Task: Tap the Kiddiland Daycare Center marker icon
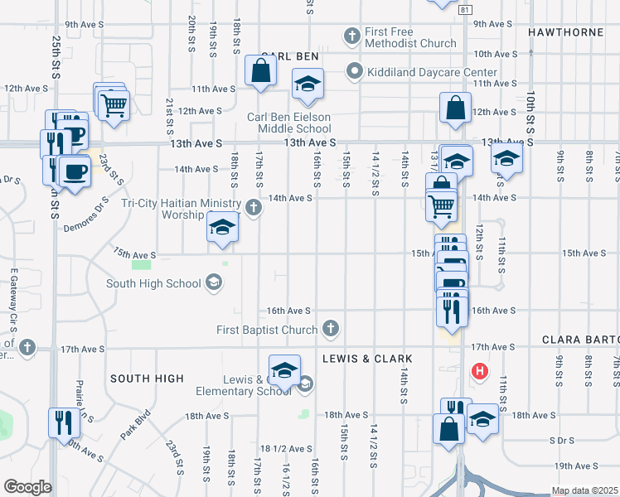355,71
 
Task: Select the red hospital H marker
479,371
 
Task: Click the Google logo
27,486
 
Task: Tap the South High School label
153,283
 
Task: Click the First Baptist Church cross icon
331,329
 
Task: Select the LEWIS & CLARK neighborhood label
367,359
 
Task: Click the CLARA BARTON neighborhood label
580,340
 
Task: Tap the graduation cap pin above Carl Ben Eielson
308,84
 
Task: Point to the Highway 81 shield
465,8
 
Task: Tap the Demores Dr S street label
86,215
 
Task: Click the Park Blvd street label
135,424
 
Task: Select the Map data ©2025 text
585,490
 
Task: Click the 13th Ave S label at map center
309,142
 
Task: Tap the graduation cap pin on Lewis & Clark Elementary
284,369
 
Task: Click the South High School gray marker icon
214,283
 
